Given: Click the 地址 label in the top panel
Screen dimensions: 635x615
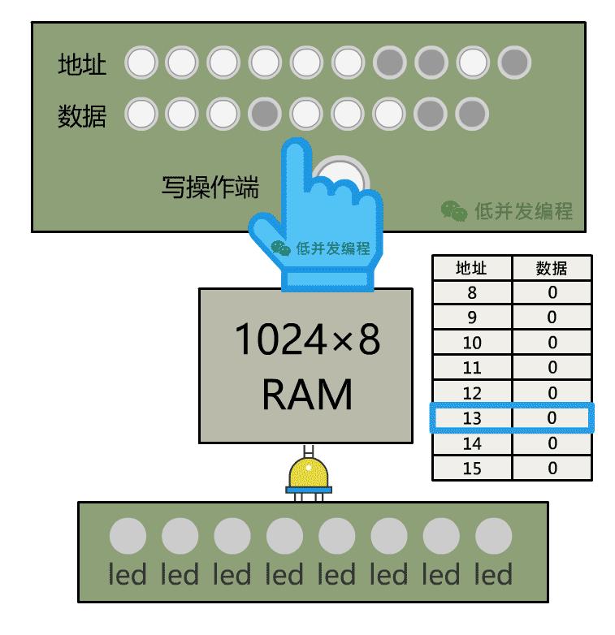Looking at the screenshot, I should point(82,64).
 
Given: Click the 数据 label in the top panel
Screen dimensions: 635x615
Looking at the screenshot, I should point(82,116).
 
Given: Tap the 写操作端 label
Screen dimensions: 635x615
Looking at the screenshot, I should point(210,188).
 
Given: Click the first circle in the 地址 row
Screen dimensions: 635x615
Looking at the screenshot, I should point(141,62).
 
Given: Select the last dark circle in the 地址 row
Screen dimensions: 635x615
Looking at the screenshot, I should point(514,62).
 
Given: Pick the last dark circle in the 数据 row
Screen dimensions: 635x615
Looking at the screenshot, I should point(472,114).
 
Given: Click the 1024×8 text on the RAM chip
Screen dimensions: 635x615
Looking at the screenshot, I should point(306,341).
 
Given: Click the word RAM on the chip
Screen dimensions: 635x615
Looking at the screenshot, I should point(307,395).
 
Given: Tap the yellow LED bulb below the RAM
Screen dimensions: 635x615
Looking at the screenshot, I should point(308,473).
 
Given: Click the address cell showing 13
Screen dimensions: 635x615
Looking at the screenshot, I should point(472,418).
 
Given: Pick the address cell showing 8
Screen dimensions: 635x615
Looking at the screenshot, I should point(472,293).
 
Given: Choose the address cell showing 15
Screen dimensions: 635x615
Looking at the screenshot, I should point(472,469).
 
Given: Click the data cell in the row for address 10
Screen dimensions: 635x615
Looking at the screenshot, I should point(552,343).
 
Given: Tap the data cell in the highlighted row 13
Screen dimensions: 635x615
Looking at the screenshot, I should point(552,418).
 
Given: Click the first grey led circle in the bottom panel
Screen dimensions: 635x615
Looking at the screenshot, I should point(128,537).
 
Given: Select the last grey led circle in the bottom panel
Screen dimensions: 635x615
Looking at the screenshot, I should point(493,537).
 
